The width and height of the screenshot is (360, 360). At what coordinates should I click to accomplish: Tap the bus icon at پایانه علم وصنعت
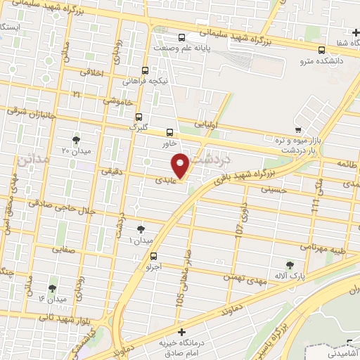[182, 37]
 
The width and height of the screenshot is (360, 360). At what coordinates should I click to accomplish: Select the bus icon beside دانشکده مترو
[321, 51]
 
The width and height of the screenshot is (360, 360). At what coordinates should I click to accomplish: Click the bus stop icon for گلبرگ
[139, 117]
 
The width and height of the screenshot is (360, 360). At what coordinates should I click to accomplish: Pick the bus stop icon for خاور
[169, 131]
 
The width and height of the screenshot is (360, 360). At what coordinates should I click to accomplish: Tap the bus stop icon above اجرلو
[153, 257]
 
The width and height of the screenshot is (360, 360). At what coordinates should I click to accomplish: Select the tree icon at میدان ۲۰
[76, 140]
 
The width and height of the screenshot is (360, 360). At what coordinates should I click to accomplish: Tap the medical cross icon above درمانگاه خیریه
[181, 331]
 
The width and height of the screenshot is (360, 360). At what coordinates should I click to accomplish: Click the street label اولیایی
[213, 123]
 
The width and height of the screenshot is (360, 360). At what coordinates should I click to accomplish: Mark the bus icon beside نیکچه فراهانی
[146, 70]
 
